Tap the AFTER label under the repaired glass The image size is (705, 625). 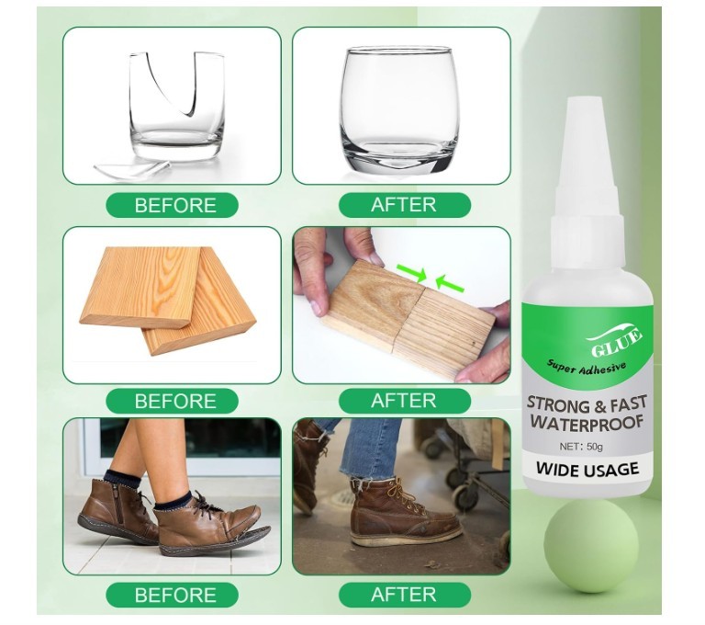click(x=403, y=205)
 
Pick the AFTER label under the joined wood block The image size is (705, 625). click(x=403, y=401)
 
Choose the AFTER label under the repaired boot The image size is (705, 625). click(x=403, y=595)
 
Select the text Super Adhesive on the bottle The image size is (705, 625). click(x=586, y=366)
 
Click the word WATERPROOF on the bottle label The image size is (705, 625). click(x=587, y=423)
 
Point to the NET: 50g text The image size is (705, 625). click(x=587, y=446)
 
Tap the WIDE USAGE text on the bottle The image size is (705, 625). click(x=587, y=470)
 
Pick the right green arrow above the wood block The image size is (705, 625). click(x=449, y=283)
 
